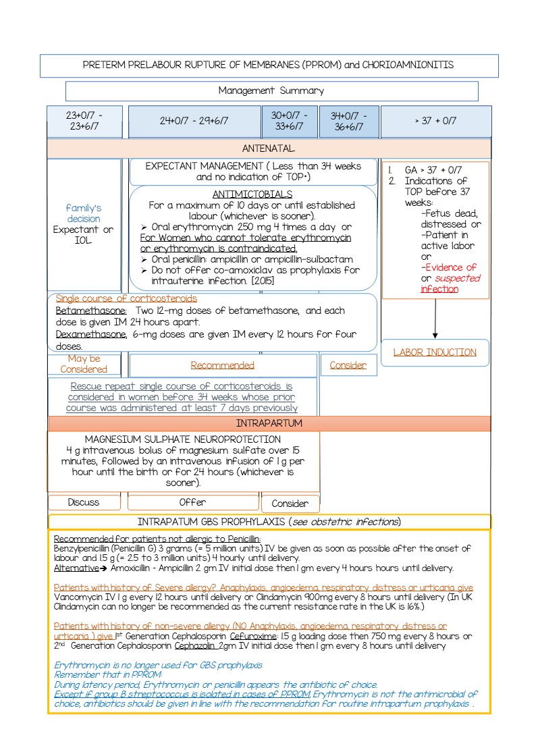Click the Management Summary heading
tap(271, 90)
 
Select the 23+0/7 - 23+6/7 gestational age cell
tap(84, 121)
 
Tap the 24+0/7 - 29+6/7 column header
tap(194, 121)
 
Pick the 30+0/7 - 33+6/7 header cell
tap(290, 121)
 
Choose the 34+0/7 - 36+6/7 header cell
tap(348, 121)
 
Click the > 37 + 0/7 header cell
tap(435, 121)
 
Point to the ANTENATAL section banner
tap(269, 148)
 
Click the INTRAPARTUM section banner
tap(269, 423)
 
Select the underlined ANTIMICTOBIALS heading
tap(252, 194)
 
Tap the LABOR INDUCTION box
tap(435, 352)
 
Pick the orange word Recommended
tap(223, 365)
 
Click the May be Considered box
tap(84, 364)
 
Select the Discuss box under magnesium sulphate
tap(84, 502)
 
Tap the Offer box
tap(192, 502)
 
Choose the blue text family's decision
tap(84, 213)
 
